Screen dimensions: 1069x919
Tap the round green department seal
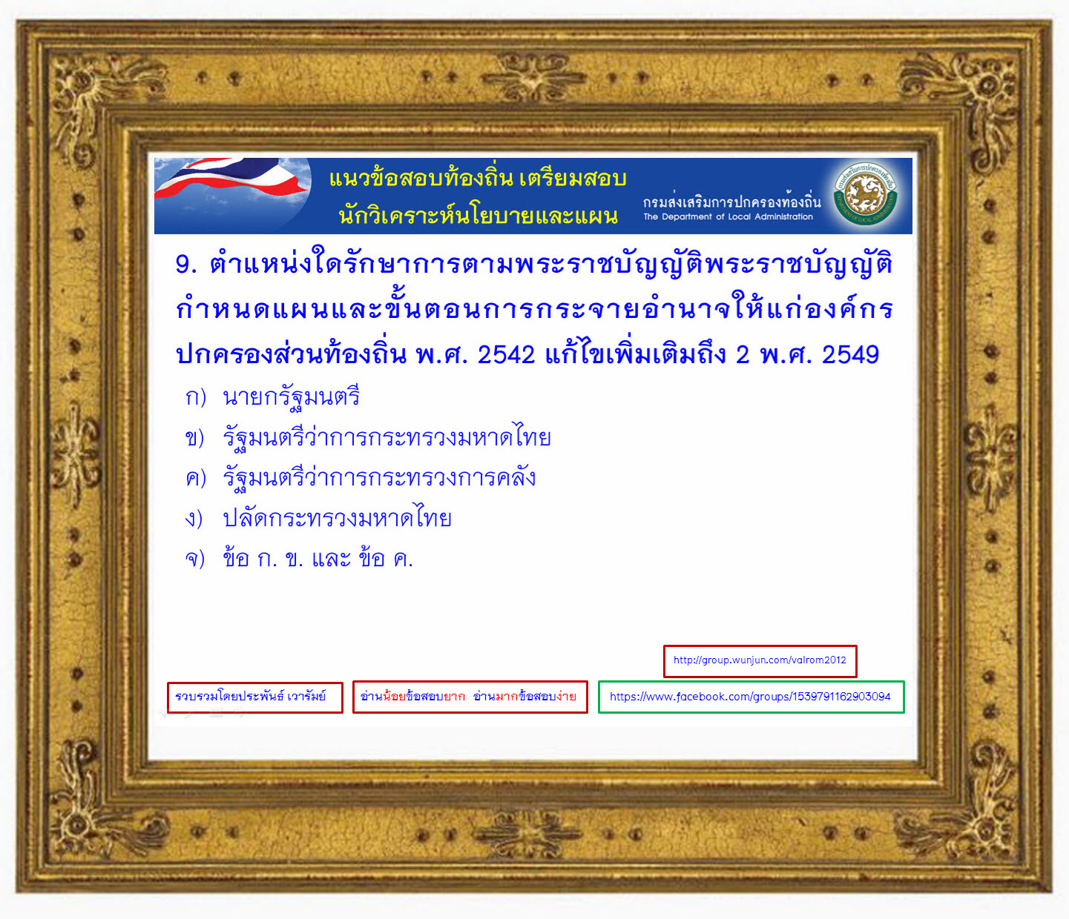click(865, 194)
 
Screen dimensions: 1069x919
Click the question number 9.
click(185, 265)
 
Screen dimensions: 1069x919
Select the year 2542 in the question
click(506, 355)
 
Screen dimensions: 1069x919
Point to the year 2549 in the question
click(850, 355)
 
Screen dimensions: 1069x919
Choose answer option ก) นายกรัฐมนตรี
click(272, 397)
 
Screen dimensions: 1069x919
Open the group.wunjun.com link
click(760, 660)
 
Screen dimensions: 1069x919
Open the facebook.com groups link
click(751, 697)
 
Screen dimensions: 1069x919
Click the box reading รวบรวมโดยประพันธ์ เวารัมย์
click(255, 697)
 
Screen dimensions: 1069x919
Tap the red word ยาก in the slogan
click(454, 697)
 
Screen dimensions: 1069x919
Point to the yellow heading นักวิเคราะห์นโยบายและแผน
click(478, 216)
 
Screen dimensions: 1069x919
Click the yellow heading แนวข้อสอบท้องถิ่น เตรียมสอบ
click(478, 178)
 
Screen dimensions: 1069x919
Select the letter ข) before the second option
click(194, 438)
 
